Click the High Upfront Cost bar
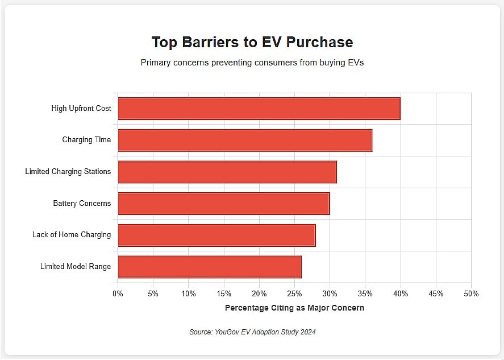(x=259, y=109)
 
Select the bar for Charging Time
(x=245, y=140)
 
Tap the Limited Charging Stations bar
(x=227, y=172)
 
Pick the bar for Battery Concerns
(x=224, y=204)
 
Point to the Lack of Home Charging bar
(x=216, y=235)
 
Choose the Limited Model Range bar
(x=210, y=267)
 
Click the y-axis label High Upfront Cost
(x=81, y=108)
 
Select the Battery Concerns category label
(x=82, y=203)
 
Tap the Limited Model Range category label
(x=76, y=266)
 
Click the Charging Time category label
(x=86, y=140)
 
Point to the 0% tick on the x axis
(x=118, y=293)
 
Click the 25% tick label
(x=294, y=293)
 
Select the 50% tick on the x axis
(x=471, y=293)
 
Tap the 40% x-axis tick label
(x=401, y=293)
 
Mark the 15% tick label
(x=224, y=293)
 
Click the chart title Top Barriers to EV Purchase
(x=252, y=42)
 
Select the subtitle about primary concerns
(x=252, y=63)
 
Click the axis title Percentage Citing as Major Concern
(x=294, y=308)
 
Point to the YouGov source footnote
(x=252, y=332)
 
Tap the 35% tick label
(x=365, y=293)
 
